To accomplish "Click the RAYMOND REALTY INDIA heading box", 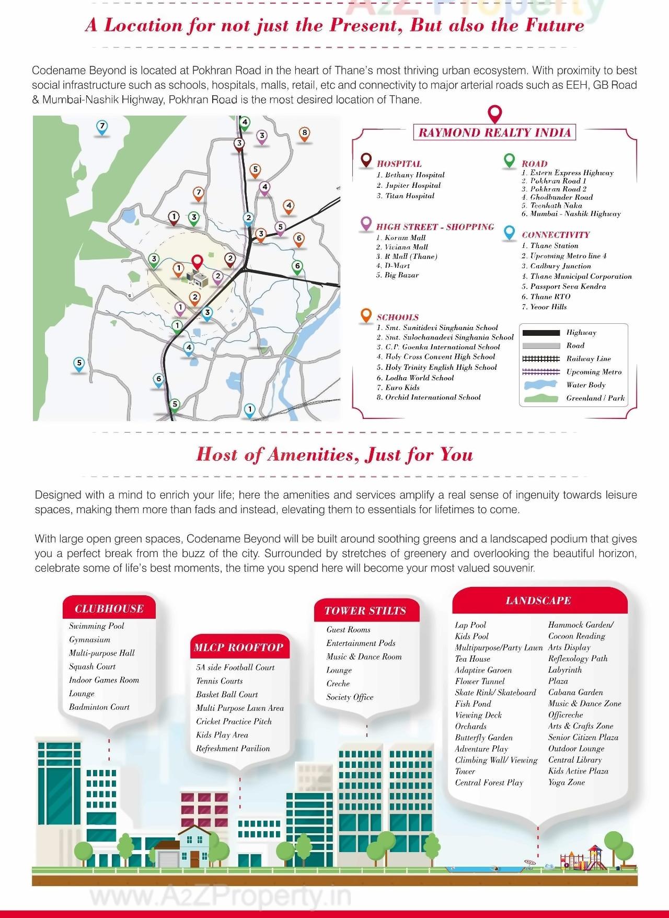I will click(494, 132).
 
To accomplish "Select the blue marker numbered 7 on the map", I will click(102, 127).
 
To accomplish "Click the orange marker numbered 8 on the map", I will click(304, 133).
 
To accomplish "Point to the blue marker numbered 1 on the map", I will click(250, 410).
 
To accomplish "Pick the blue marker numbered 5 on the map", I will click(79, 364).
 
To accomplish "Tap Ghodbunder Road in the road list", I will click(561, 197).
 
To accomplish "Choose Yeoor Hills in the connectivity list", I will click(548, 307).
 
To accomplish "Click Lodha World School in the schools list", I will click(419, 378).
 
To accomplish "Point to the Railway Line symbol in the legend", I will click(541, 359).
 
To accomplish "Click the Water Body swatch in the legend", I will click(541, 385).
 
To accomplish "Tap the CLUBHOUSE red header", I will click(109, 608).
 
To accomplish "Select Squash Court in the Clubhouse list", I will click(93, 666).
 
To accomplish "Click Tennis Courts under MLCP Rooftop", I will click(220, 681).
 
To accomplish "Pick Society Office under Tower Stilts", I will click(350, 697).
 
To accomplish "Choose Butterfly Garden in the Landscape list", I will click(483, 738).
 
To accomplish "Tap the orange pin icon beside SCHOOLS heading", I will click(366, 315).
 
